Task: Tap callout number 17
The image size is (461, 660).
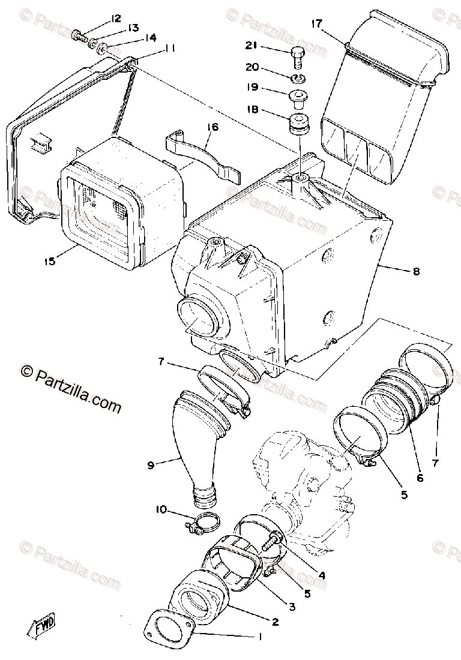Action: click(317, 24)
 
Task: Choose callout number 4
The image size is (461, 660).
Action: click(322, 574)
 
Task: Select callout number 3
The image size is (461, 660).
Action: click(292, 607)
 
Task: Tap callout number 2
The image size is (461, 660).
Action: click(274, 622)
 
